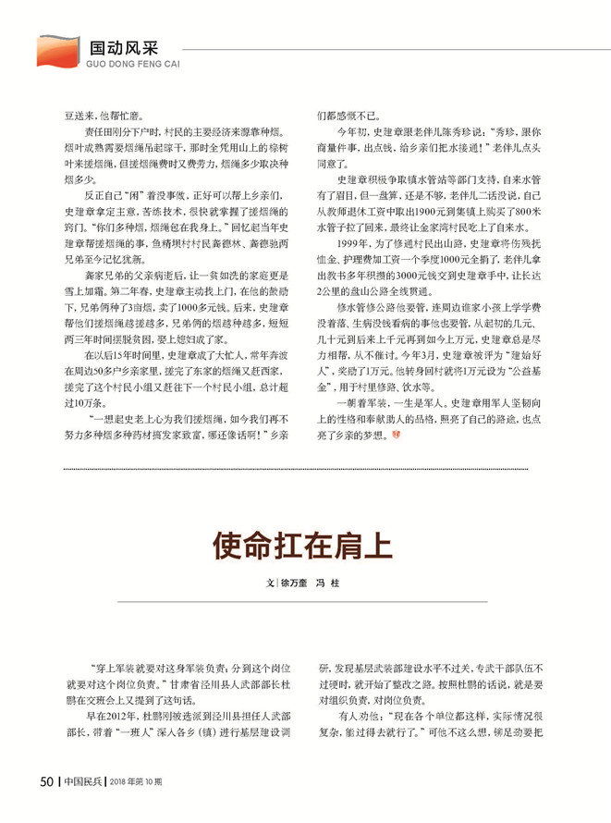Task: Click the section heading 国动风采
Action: [122, 47]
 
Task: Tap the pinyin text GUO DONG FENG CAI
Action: [130, 66]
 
